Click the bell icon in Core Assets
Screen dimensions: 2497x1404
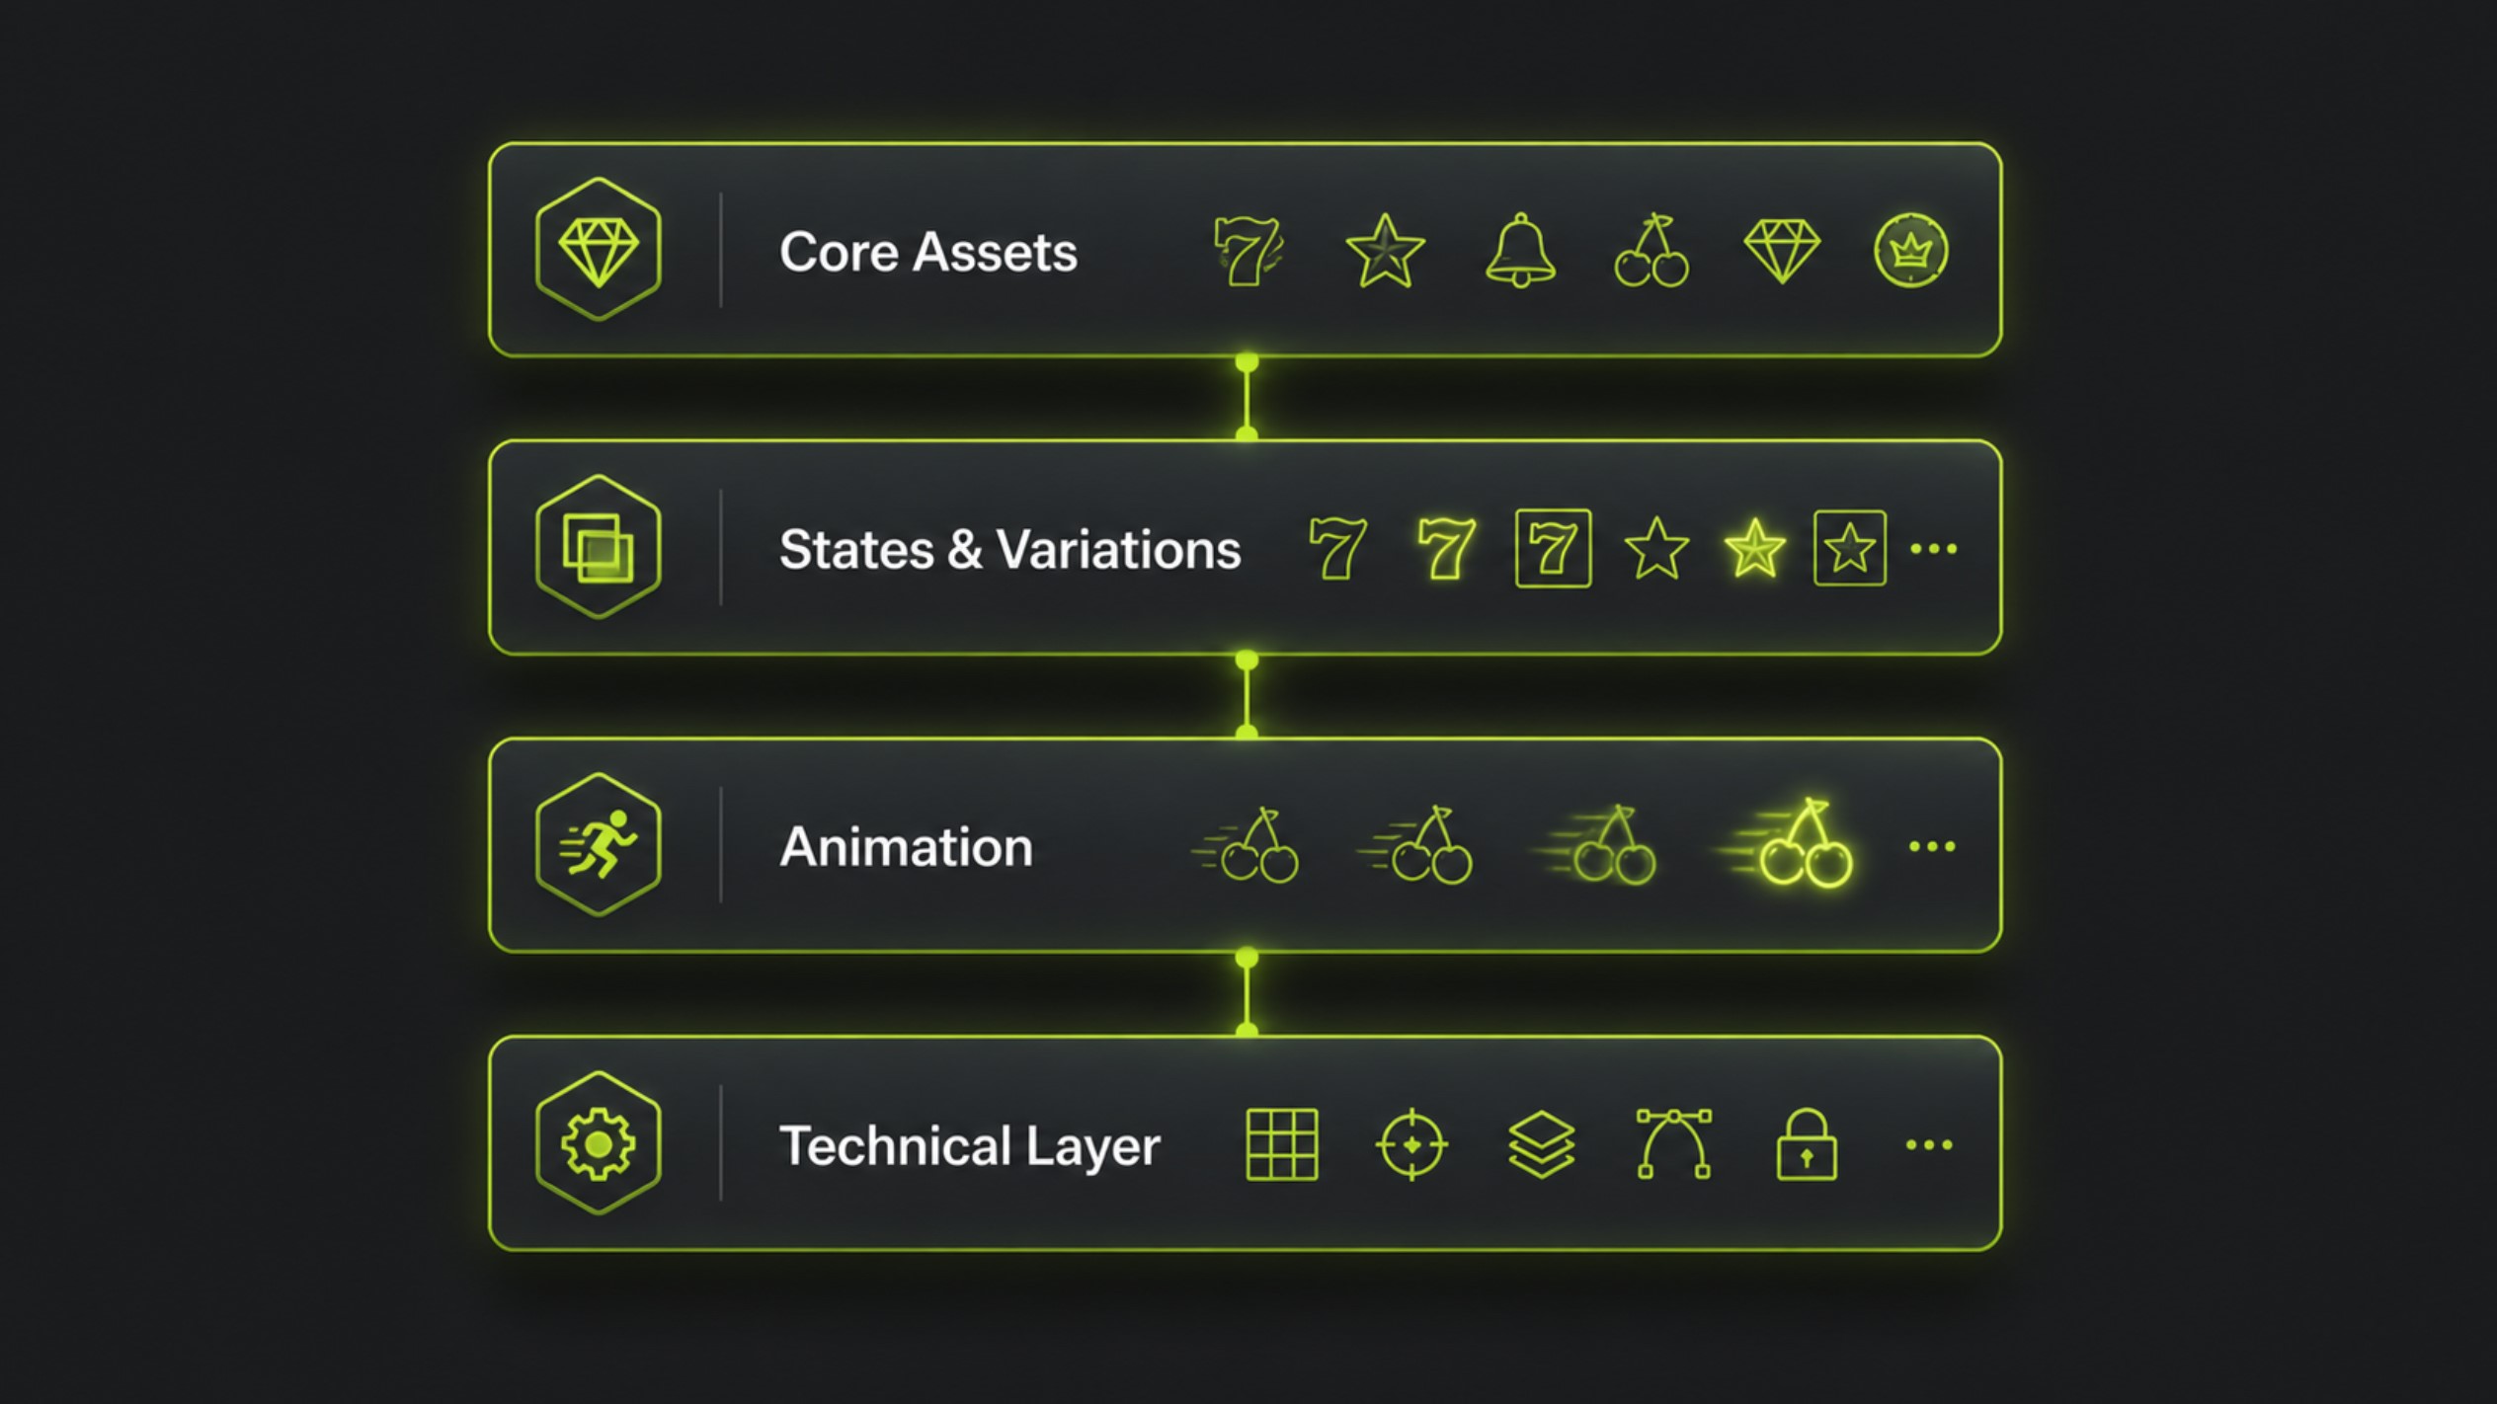[1520, 251]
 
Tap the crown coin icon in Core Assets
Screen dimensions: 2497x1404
[1910, 251]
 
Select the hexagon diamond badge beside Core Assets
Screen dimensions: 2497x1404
[598, 250]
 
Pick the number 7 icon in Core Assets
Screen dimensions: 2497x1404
[1248, 252]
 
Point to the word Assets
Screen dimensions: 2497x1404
[995, 252]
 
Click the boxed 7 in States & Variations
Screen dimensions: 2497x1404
[1553, 549]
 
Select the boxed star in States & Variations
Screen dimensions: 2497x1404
[1850, 549]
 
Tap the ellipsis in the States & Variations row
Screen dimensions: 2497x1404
[1933, 549]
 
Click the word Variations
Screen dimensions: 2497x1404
[1118, 549]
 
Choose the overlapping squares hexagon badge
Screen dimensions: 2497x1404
[598, 547]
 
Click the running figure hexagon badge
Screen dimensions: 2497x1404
[598, 845]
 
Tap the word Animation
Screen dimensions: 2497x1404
[906, 847]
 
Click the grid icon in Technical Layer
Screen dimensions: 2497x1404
[1282, 1144]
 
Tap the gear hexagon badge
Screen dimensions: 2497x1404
[598, 1143]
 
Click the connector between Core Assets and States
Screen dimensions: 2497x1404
[1247, 398]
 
